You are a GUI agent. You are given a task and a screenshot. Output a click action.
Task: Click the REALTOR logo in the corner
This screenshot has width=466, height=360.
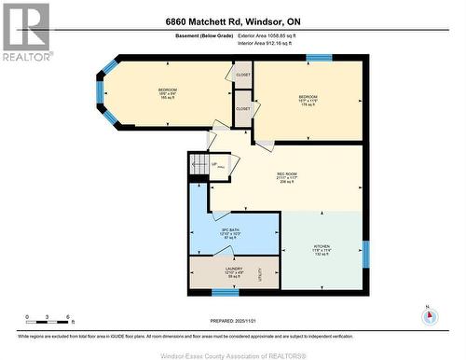26,29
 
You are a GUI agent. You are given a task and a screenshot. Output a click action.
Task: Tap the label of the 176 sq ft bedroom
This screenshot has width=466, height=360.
308,100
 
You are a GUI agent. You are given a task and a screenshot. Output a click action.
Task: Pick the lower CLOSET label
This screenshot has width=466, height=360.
243,108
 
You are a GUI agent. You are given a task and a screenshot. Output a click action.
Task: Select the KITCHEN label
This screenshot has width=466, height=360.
322,250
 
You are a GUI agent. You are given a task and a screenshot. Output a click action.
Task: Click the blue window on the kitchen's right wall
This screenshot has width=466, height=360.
365,254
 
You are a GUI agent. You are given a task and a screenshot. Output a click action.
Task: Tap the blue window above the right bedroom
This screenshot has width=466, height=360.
319,58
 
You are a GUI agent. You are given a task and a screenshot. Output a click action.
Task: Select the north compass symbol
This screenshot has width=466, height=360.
429,314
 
